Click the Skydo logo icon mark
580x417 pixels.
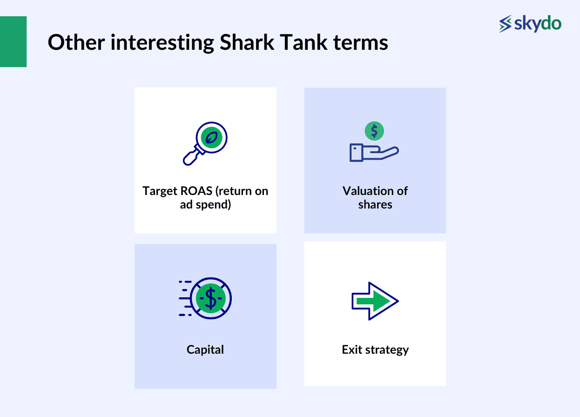(505, 24)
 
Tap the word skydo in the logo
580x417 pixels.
(538, 23)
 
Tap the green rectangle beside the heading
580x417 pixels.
(13, 42)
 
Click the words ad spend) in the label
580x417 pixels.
(205, 204)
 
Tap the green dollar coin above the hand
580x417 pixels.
(375, 131)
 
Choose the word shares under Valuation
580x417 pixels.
(375, 204)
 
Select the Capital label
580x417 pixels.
(205, 350)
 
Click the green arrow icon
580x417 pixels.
(375, 301)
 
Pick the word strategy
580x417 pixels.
(386, 350)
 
